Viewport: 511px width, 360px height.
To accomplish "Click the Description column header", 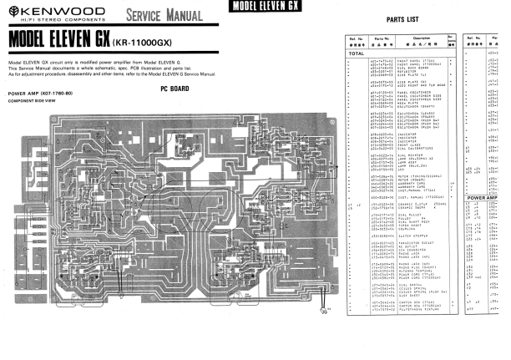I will (x=421, y=38).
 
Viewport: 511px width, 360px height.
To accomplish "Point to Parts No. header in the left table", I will (x=383, y=38).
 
